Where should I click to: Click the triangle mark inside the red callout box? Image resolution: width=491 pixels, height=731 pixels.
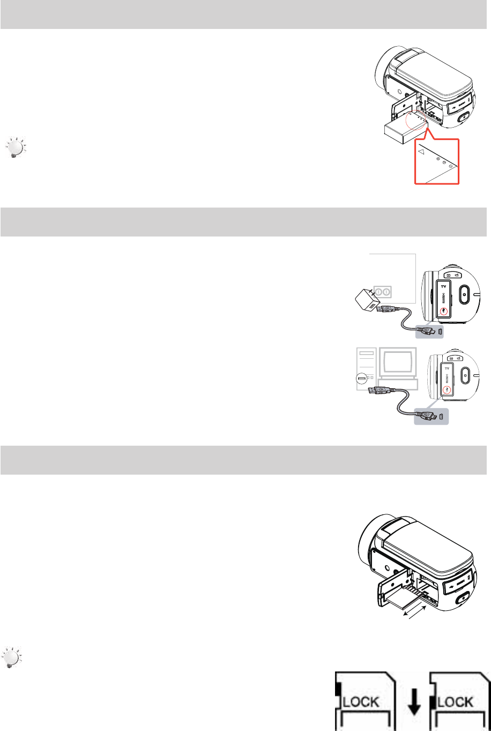point(421,152)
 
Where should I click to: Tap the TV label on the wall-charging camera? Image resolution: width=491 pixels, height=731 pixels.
point(443,287)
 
